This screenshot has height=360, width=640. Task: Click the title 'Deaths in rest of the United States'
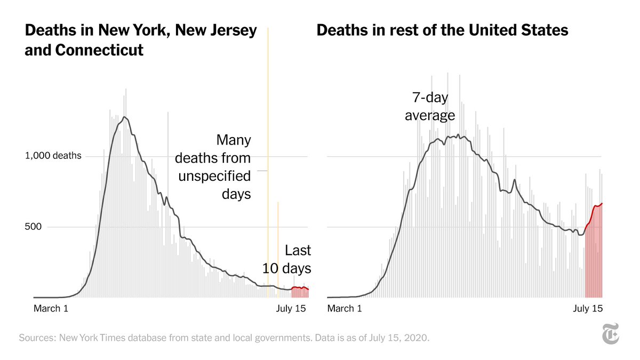[x=442, y=30]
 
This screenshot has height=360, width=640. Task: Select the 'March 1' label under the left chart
[x=51, y=308]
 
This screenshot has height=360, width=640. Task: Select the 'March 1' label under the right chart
[x=344, y=308]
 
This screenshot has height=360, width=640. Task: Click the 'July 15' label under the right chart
[x=588, y=308]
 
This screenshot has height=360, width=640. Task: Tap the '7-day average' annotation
[x=429, y=107]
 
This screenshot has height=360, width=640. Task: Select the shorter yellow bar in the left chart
[x=278, y=245]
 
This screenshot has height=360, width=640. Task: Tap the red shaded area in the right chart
[x=594, y=256]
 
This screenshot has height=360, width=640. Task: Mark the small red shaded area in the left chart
[x=300, y=293]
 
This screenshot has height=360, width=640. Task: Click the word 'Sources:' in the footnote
[x=37, y=338]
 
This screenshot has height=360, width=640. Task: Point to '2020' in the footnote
[x=417, y=338]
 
